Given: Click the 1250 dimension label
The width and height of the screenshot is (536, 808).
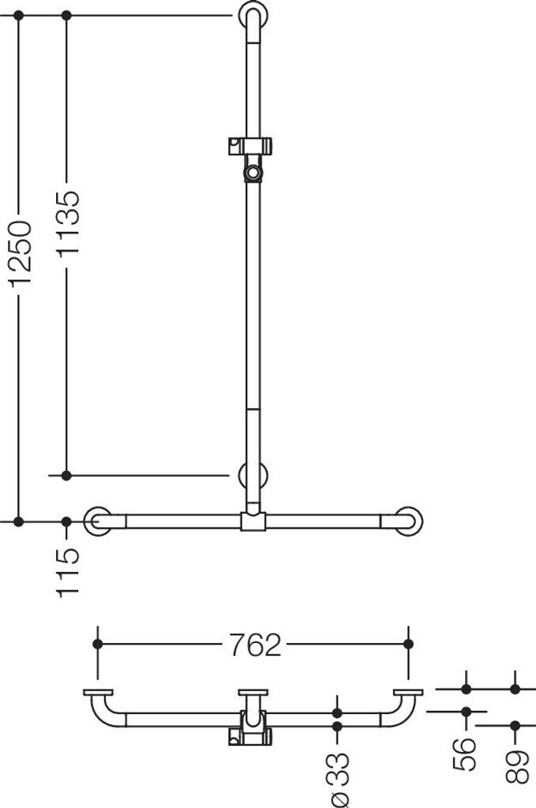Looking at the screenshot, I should click(19, 252).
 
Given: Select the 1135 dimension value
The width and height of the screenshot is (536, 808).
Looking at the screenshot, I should click(67, 223).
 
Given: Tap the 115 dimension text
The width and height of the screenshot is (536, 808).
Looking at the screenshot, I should click(67, 571).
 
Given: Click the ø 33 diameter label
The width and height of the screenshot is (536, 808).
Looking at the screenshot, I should click(338, 776).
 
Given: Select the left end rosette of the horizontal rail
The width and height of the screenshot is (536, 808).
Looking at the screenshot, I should click(98, 522).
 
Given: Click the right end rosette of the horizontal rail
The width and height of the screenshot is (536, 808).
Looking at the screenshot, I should click(408, 522).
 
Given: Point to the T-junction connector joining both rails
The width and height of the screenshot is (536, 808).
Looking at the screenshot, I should click(253, 522).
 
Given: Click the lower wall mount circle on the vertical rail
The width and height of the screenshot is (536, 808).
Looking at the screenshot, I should click(253, 475).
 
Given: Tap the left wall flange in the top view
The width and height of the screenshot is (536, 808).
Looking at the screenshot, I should click(98, 693).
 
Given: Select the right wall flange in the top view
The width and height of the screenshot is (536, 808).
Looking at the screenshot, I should click(408, 693).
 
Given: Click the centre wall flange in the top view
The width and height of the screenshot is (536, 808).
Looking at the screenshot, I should click(253, 693).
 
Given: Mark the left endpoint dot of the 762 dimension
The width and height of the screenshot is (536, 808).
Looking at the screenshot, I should click(98, 644).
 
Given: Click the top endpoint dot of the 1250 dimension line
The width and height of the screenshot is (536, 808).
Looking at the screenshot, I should click(19, 15).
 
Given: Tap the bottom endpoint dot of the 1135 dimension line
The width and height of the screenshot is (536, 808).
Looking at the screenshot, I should click(67, 475).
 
